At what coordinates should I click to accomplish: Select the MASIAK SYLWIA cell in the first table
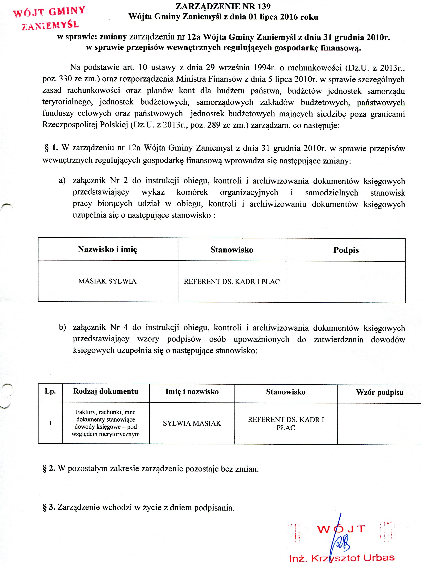107,281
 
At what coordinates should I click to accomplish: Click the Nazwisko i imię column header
107,249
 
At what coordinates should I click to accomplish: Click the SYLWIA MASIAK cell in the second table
192,423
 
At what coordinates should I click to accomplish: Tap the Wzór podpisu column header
380,392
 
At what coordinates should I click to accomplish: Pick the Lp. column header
50,391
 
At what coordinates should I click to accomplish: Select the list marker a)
62,181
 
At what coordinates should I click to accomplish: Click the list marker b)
62,327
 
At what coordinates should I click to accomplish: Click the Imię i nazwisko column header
192,391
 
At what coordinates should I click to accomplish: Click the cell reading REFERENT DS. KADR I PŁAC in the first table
232,281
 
